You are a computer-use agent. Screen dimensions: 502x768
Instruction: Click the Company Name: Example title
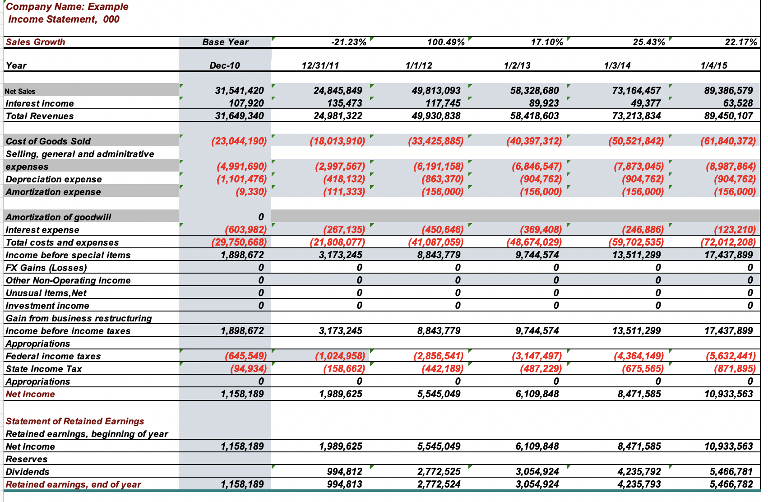[x=67, y=7]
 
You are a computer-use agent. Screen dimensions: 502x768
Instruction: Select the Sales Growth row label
[x=36, y=42]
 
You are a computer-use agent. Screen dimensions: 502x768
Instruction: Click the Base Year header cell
[x=225, y=42]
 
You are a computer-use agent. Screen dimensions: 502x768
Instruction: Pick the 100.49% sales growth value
[x=445, y=42]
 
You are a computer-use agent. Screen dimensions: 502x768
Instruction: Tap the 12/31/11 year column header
[x=320, y=65]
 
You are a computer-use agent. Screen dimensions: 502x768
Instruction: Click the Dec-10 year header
[x=225, y=65]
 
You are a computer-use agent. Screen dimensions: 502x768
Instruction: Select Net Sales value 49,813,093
[x=436, y=91]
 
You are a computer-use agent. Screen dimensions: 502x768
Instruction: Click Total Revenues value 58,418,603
[x=534, y=116]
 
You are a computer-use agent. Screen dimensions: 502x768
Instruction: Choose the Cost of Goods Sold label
[x=48, y=141]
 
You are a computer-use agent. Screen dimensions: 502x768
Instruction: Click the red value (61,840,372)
[x=727, y=141]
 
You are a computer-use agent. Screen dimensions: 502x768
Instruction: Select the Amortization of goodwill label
[x=59, y=217]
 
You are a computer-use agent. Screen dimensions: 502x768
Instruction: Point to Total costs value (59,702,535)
[x=636, y=242]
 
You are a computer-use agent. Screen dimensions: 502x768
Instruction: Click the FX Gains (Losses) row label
[x=46, y=268]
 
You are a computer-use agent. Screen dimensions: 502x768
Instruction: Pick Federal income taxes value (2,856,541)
[x=438, y=356]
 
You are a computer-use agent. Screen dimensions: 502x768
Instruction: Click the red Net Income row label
[x=30, y=394]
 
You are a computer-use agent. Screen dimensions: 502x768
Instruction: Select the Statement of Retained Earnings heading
[x=75, y=421]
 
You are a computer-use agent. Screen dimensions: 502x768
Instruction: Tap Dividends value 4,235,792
[x=638, y=472]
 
